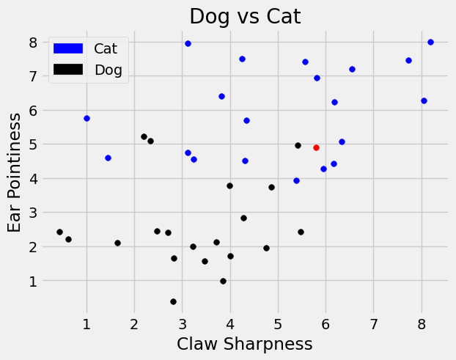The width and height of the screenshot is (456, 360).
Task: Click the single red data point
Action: [316, 147]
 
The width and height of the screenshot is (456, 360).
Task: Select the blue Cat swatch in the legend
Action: [69, 48]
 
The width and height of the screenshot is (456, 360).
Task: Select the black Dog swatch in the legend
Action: [69, 70]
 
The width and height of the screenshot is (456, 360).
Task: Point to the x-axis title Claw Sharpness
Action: [245, 344]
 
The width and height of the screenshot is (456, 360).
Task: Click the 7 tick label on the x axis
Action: [374, 323]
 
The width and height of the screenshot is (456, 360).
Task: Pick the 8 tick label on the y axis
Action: [32, 43]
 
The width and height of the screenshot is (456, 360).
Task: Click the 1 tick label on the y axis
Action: [32, 281]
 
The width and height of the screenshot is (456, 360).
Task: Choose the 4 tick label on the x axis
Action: [230, 323]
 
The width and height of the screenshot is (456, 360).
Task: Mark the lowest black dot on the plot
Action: [173, 301]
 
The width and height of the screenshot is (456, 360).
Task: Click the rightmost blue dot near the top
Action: [430, 42]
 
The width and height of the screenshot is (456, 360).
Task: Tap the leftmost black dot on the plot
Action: [59, 232]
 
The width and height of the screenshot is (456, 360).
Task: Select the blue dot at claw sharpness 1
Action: [87, 118]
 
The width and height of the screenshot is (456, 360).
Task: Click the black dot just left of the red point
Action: [298, 145]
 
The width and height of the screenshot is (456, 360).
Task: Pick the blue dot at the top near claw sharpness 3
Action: [188, 43]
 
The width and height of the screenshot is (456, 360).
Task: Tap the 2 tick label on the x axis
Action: [134, 323]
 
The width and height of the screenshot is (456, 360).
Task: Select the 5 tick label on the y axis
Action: [32, 144]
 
